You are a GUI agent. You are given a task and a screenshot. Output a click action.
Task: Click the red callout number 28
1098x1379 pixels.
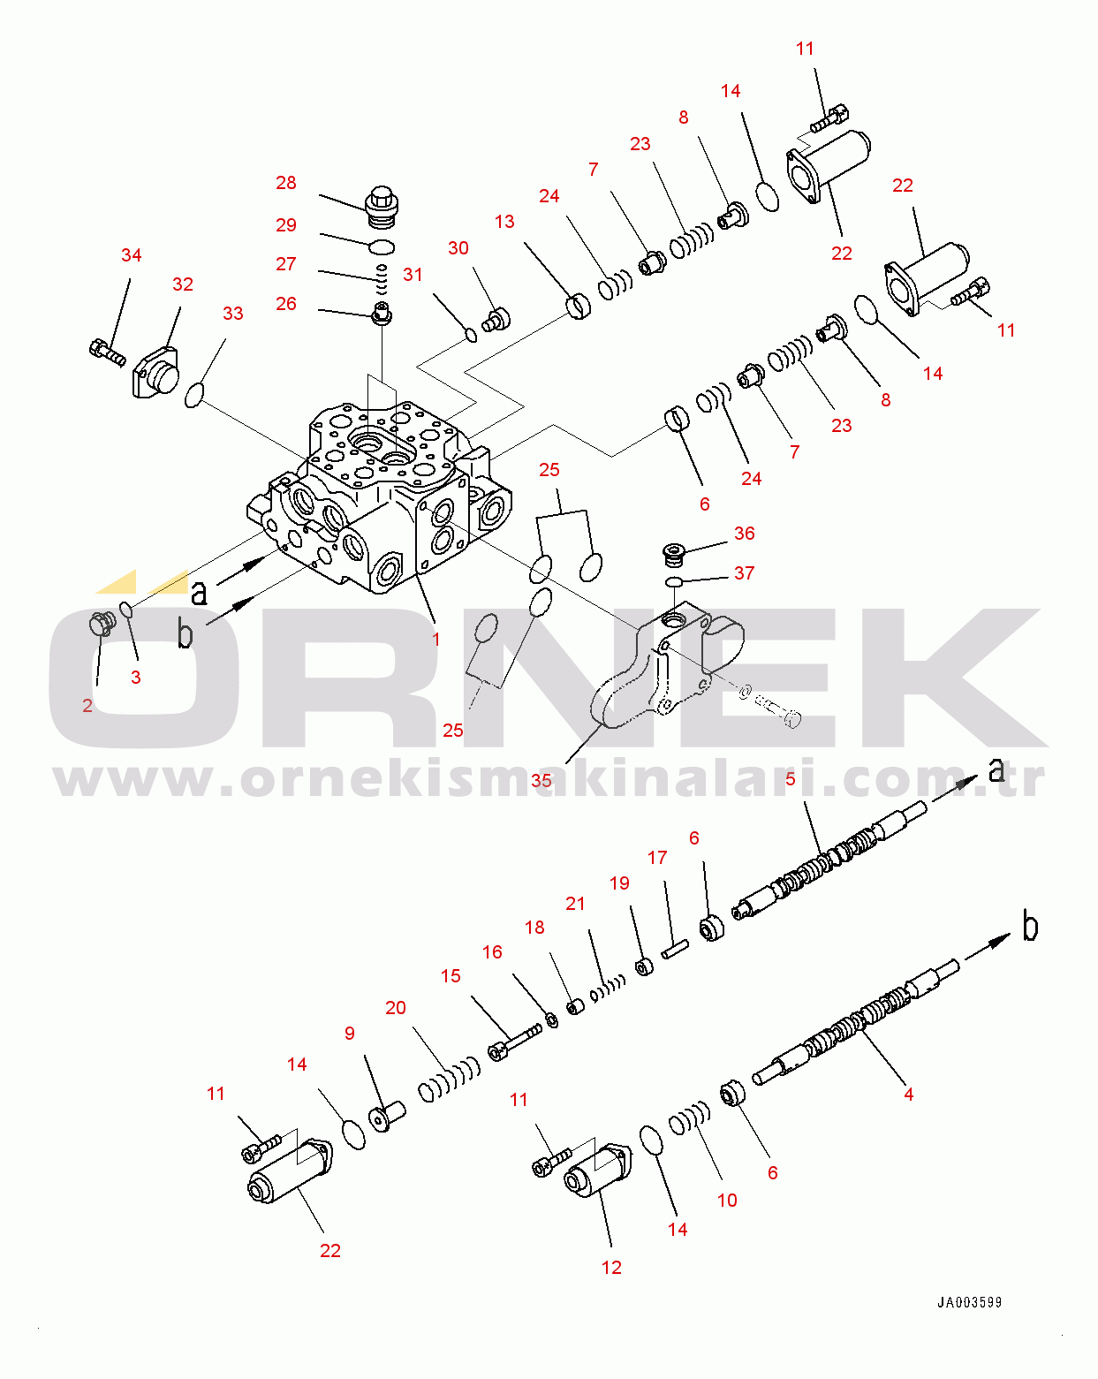tap(286, 183)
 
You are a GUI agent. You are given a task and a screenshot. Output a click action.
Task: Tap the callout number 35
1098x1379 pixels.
tap(541, 780)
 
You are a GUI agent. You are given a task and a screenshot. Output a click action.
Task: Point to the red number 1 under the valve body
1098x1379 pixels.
tap(435, 639)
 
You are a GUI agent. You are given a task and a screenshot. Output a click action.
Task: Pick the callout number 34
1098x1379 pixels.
tap(132, 255)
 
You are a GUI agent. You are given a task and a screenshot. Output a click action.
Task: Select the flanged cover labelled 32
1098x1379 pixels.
tap(155, 372)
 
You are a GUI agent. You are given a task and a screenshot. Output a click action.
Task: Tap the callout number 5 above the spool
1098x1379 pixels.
tap(791, 779)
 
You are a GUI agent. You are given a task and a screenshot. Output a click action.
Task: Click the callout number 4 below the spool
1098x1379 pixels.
tap(908, 1095)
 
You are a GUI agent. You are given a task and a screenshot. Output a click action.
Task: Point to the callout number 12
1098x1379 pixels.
tap(611, 1268)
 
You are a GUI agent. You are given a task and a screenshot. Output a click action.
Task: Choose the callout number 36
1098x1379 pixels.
tap(744, 534)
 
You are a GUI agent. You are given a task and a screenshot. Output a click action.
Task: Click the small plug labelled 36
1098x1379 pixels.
tap(673, 555)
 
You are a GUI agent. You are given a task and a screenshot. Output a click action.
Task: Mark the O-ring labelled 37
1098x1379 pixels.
tap(674, 582)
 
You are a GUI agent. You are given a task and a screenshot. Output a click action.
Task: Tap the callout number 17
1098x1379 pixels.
tap(657, 858)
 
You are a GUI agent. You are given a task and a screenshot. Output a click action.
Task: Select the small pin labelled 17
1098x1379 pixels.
tap(675, 949)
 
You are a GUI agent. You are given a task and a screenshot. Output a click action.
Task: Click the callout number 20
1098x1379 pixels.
tap(396, 1008)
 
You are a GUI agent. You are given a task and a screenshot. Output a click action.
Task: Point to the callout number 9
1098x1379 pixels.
tap(349, 1033)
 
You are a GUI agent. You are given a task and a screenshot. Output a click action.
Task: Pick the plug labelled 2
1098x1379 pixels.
tap(102, 624)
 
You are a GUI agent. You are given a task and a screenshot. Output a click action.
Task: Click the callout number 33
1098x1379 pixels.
tap(232, 314)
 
